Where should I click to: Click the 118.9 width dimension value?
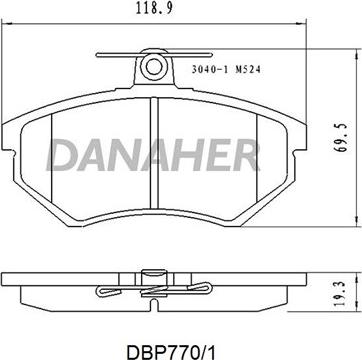154,8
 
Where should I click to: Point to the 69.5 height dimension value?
341,137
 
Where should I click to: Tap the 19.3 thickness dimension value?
340,294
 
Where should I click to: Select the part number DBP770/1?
171,351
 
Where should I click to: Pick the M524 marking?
248,69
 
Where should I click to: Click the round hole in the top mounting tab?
153,67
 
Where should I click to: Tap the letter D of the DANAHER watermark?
62,155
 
